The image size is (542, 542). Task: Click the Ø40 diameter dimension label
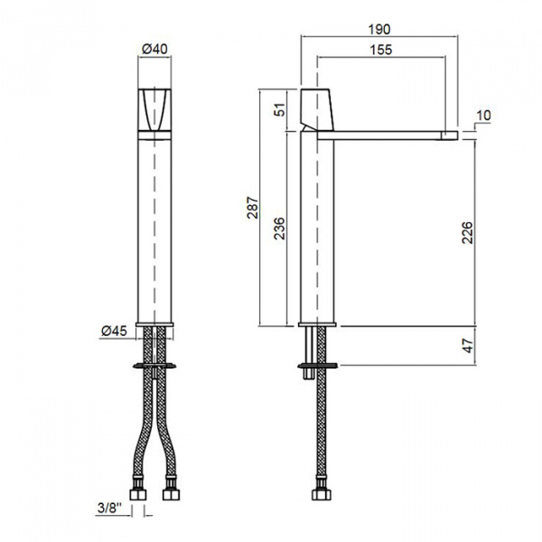point(154,49)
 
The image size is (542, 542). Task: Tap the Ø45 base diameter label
point(114,331)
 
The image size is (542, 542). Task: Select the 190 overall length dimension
point(379,30)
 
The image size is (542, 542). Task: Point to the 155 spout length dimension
point(381,50)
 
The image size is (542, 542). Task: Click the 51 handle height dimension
point(281,109)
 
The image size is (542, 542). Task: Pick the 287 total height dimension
point(253,208)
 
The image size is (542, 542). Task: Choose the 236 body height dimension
point(279,229)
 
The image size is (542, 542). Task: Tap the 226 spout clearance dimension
point(467,233)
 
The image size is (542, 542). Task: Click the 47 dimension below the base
point(468,346)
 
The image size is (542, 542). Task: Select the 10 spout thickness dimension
point(483,115)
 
